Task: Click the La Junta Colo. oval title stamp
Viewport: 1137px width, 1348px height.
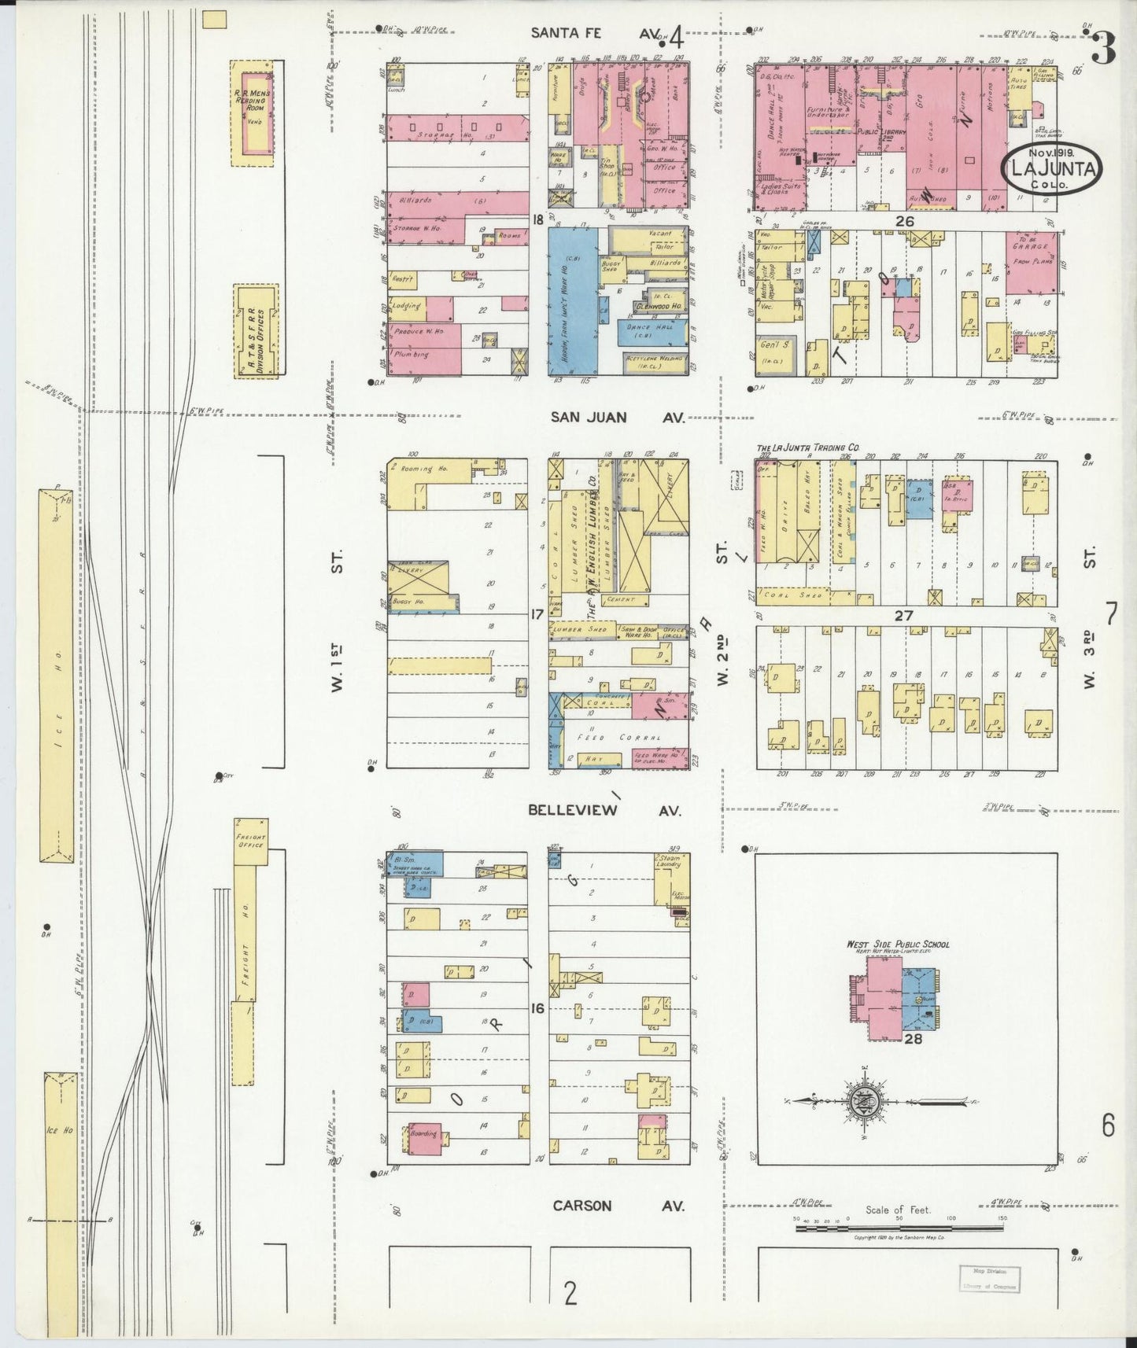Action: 1051,168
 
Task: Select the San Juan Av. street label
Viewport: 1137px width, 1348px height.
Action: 616,418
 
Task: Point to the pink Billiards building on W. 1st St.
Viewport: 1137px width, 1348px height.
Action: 457,202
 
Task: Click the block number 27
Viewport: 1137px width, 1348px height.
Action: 903,616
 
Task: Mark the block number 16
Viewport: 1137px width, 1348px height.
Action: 537,1008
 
